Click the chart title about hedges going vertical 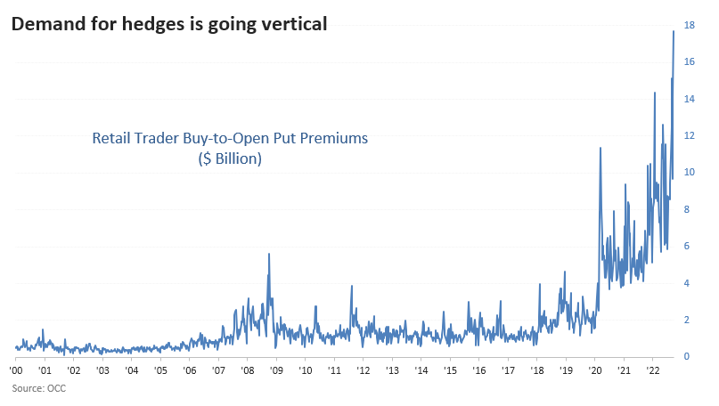168,24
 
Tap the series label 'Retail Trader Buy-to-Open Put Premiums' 230,139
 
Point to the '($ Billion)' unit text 229,158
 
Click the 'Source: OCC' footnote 38,388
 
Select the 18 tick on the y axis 689,26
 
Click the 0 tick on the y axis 686,357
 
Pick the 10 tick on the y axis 689,173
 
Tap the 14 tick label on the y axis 689,99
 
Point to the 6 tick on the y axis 686,247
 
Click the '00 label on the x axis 16,370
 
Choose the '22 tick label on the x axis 652,370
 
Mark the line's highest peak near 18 673,31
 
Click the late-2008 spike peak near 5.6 269,254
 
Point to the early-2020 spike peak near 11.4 601,147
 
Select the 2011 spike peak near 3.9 352,286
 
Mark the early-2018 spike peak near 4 540,284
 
